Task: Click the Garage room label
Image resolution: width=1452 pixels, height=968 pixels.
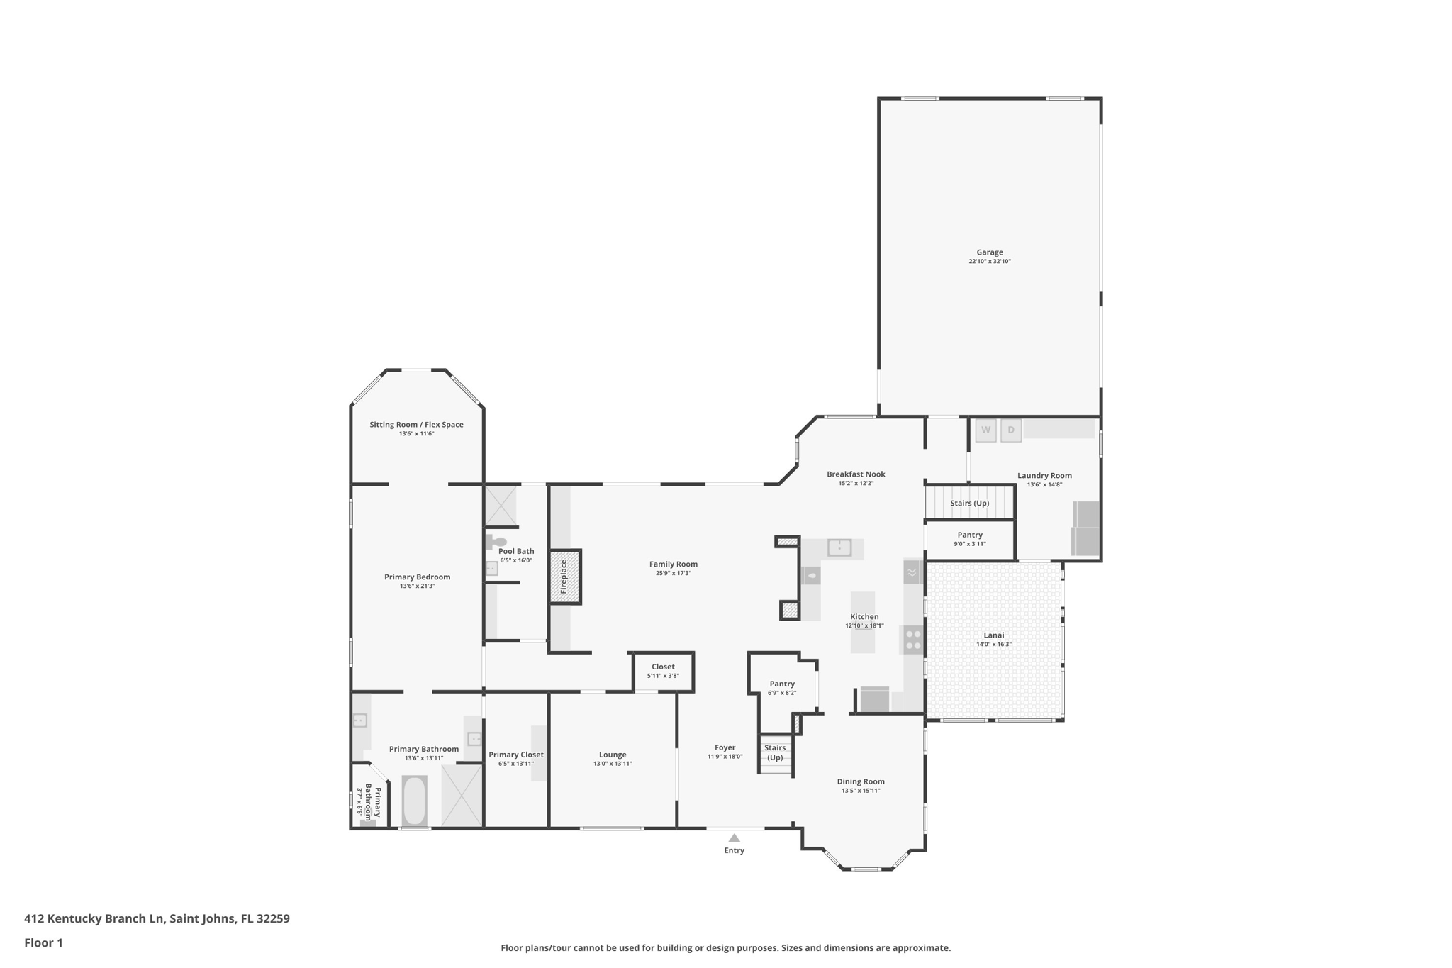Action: (x=989, y=252)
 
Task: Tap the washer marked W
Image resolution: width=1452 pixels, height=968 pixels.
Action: (x=985, y=430)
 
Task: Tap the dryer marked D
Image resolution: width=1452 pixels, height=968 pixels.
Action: (x=1011, y=430)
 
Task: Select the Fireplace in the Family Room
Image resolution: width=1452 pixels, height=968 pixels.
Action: (x=565, y=577)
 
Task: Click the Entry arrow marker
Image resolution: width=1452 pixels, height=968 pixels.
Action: (x=735, y=838)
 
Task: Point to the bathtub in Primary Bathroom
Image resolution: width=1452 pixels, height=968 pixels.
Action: (x=414, y=801)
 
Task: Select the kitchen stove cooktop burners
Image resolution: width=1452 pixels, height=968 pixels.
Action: (x=913, y=640)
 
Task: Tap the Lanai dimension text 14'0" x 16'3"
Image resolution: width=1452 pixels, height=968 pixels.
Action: (x=993, y=645)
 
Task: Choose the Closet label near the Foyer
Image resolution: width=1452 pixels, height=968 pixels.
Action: (x=663, y=667)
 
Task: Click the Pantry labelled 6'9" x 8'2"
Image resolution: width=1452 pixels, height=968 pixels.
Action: (x=782, y=684)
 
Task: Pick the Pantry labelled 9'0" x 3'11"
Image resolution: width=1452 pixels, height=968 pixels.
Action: (x=970, y=535)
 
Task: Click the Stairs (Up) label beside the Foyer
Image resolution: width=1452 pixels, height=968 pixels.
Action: (x=775, y=752)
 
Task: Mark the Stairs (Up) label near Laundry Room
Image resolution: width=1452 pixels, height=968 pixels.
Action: (x=969, y=504)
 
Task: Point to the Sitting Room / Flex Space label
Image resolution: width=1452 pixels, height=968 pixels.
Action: (x=416, y=425)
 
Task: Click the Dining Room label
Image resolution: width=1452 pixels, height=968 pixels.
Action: (x=861, y=781)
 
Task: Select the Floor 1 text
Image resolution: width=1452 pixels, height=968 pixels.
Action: (x=43, y=943)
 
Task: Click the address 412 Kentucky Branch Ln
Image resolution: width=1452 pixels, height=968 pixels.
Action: (x=157, y=919)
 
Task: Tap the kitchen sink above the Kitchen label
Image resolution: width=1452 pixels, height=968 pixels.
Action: (x=839, y=547)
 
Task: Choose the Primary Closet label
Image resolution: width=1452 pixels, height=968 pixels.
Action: (x=515, y=755)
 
